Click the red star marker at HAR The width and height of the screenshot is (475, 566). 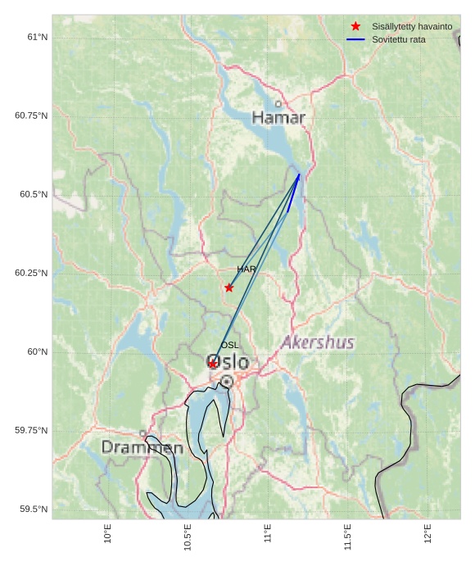click(228, 288)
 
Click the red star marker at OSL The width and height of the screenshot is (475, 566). click(212, 364)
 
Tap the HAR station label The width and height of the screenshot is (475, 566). click(247, 269)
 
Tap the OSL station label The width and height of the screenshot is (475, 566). click(229, 346)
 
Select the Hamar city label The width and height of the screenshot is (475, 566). click(278, 118)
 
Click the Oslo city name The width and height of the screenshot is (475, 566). click(228, 362)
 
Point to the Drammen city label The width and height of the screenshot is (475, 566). click(142, 448)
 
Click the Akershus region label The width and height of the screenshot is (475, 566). click(318, 342)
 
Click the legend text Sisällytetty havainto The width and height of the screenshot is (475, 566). click(412, 26)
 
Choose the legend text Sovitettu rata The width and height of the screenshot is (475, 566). click(399, 39)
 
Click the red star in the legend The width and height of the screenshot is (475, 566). click(355, 26)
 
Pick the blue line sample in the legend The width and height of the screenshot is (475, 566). click(355, 39)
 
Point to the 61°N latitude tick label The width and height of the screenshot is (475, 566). click(38, 37)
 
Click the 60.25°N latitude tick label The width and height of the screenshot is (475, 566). click(31, 273)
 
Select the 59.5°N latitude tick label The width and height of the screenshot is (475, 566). click(34, 509)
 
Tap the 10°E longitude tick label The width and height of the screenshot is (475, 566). click(108, 534)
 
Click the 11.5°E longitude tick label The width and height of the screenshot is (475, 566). click(347, 537)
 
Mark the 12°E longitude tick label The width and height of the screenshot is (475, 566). click(427, 534)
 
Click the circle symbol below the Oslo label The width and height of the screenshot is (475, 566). click(227, 382)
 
